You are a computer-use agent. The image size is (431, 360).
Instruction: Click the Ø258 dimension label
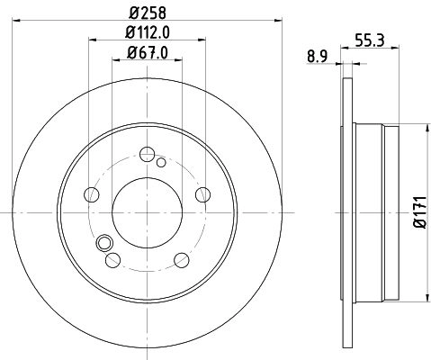pyautogui.click(x=148, y=13)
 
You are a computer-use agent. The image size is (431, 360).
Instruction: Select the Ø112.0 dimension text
pyautogui.click(x=148, y=32)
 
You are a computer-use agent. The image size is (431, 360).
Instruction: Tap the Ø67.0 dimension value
pyautogui.click(x=148, y=53)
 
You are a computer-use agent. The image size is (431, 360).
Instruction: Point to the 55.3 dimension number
pyautogui.click(x=369, y=40)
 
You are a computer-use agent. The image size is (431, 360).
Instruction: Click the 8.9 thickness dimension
pyautogui.click(x=318, y=57)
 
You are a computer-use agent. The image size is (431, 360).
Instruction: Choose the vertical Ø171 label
pyautogui.click(x=420, y=212)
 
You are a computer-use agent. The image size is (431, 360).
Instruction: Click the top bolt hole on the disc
pyautogui.click(x=148, y=154)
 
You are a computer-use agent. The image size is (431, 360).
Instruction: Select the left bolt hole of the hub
pyautogui.click(x=92, y=194)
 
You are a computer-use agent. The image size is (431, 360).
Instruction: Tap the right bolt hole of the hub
pyautogui.click(x=202, y=194)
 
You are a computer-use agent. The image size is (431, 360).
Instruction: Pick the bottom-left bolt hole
pyautogui.click(x=113, y=260)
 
